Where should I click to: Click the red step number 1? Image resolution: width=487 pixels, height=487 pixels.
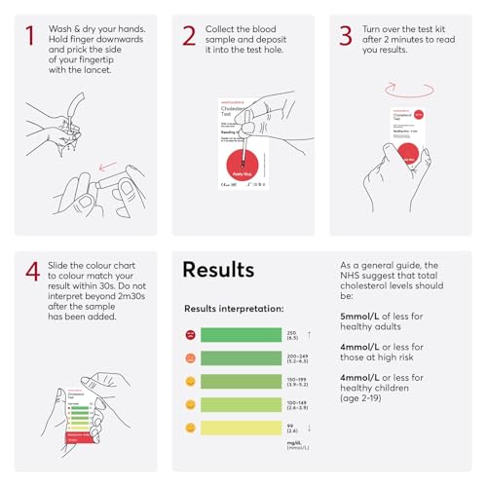(x=30, y=36)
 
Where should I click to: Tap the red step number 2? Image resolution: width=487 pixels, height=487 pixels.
(x=189, y=36)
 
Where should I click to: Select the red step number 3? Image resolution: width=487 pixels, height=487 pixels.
(x=346, y=36)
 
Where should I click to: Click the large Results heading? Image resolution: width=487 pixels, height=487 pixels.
(x=218, y=270)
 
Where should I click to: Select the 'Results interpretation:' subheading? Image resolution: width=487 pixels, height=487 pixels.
(x=234, y=309)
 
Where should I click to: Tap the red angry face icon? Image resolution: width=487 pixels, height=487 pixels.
(x=190, y=335)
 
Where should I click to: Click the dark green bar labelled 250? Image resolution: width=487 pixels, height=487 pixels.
(x=241, y=335)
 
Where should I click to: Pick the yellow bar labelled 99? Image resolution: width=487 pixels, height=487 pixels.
(x=241, y=427)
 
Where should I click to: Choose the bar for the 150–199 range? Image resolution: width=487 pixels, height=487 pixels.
(x=241, y=381)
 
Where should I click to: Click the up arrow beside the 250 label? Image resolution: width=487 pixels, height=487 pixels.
(x=310, y=334)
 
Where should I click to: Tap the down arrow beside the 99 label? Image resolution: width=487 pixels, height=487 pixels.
(x=310, y=427)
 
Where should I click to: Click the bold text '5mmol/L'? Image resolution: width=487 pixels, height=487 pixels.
(x=363, y=317)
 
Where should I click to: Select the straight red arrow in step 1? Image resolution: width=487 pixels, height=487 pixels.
(x=116, y=165)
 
